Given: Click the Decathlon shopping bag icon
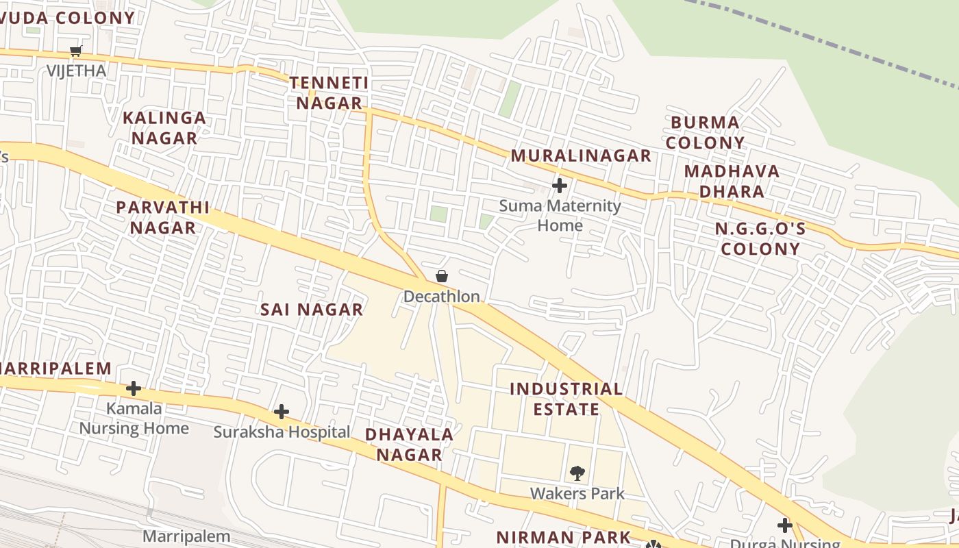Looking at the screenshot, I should [x=442, y=276].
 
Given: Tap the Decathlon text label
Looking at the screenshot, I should [x=441, y=297].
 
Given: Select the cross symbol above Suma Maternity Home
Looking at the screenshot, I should [x=560, y=185].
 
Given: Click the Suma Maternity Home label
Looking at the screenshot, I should [x=560, y=215].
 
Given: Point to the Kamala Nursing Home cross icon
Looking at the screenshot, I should [x=134, y=388].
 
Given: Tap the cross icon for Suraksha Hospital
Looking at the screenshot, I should [x=281, y=412].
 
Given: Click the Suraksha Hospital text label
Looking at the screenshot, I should [x=282, y=432].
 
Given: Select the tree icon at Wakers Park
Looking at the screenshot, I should [x=577, y=473].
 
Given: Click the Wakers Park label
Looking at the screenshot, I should [x=577, y=493].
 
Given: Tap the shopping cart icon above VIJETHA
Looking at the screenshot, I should [x=76, y=51].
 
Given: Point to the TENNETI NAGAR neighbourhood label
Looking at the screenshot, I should [x=328, y=93].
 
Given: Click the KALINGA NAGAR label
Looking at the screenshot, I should [x=164, y=128].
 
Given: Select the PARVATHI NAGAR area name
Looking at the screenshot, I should [x=163, y=217].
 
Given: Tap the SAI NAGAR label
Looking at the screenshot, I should [x=312, y=310].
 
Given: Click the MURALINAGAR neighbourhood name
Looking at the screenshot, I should [x=581, y=155].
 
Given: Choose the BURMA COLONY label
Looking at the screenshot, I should [x=705, y=133].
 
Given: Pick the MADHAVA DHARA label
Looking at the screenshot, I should [x=732, y=181].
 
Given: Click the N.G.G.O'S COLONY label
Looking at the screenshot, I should [x=760, y=238].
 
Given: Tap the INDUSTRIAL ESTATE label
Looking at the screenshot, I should [x=566, y=399].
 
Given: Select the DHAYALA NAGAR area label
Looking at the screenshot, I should [x=409, y=444].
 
